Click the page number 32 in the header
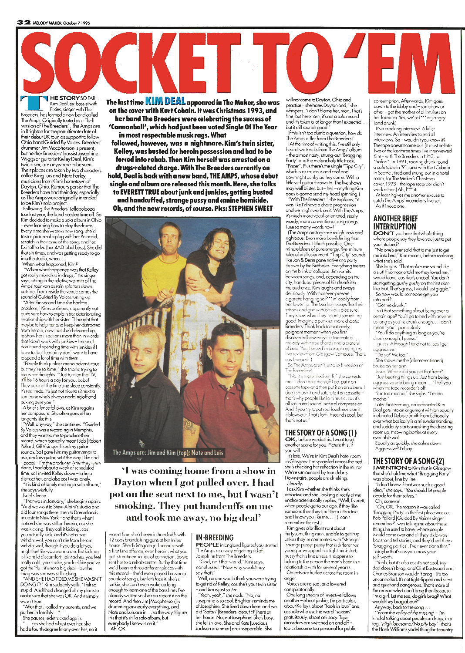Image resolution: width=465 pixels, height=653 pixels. pyautogui.click(x=23, y=22)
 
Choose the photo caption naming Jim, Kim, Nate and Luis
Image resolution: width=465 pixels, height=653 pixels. pyautogui.click(x=168, y=452)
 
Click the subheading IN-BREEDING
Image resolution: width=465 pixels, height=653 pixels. pyautogui.click(x=215, y=537)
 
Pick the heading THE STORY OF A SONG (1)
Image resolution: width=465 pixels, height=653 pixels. pyautogui.click(x=321, y=433)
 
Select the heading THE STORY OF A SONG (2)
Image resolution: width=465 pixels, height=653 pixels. pyautogui.click(x=408, y=461)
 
